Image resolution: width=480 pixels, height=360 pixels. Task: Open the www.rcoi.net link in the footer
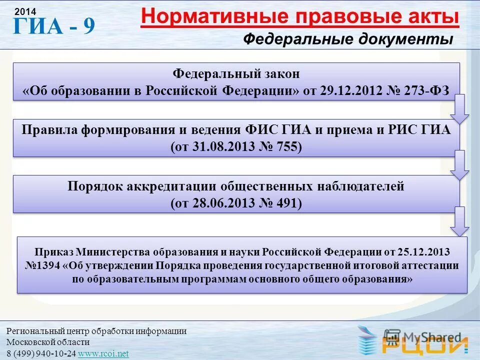(x=103, y=353)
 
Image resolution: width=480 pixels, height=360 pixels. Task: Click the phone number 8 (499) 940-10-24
(x=41, y=353)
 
